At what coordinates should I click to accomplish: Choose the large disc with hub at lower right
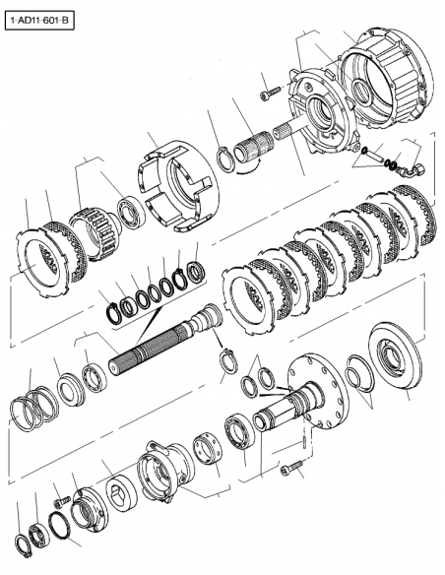[x=388, y=359]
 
